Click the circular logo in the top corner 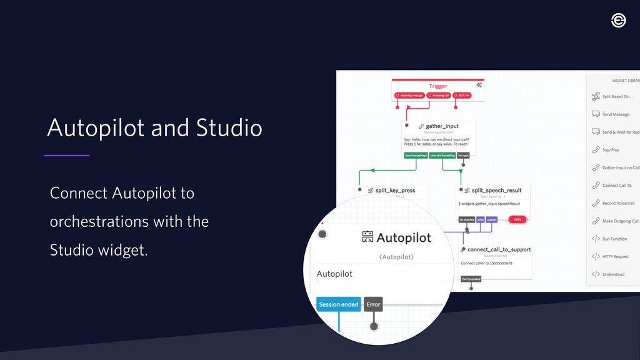(x=618, y=21)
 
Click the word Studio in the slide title (x=229, y=128)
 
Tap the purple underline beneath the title (x=67, y=155)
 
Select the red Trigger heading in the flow (x=437, y=86)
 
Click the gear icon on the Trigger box (x=479, y=85)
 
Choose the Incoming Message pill (x=409, y=96)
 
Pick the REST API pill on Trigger (x=461, y=96)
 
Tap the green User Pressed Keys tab (x=416, y=155)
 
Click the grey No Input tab (x=463, y=155)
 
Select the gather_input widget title (x=442, y=126)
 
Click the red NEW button (x=517, y=219)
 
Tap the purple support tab (x=492, y=219)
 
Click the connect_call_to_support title (x=499, y=249)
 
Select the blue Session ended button (x=338, y=304)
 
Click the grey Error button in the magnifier (x=373, y=304)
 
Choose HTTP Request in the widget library (x=616, y=256)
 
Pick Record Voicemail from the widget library (x=618, y=203)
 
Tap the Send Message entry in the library (x=616, y=114)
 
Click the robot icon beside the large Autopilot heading (x=367, y=237)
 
